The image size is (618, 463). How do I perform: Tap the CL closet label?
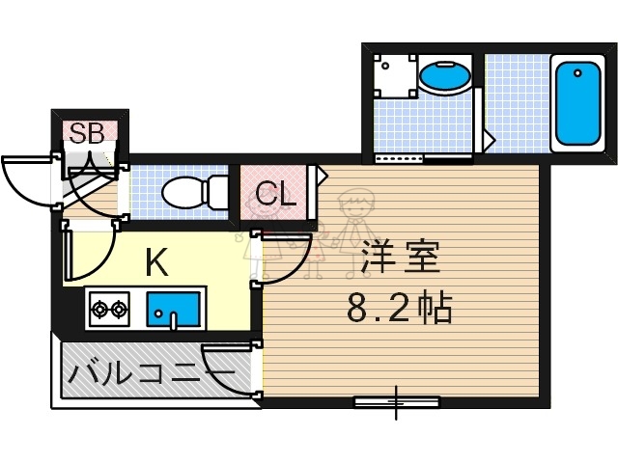tap(275, 194)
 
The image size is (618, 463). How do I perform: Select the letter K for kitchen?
tap(158, 260)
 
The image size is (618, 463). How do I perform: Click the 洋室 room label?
tap(401, 258)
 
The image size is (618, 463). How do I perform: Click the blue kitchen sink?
tap(172, 310)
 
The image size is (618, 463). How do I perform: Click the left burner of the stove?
tap(98, 311)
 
